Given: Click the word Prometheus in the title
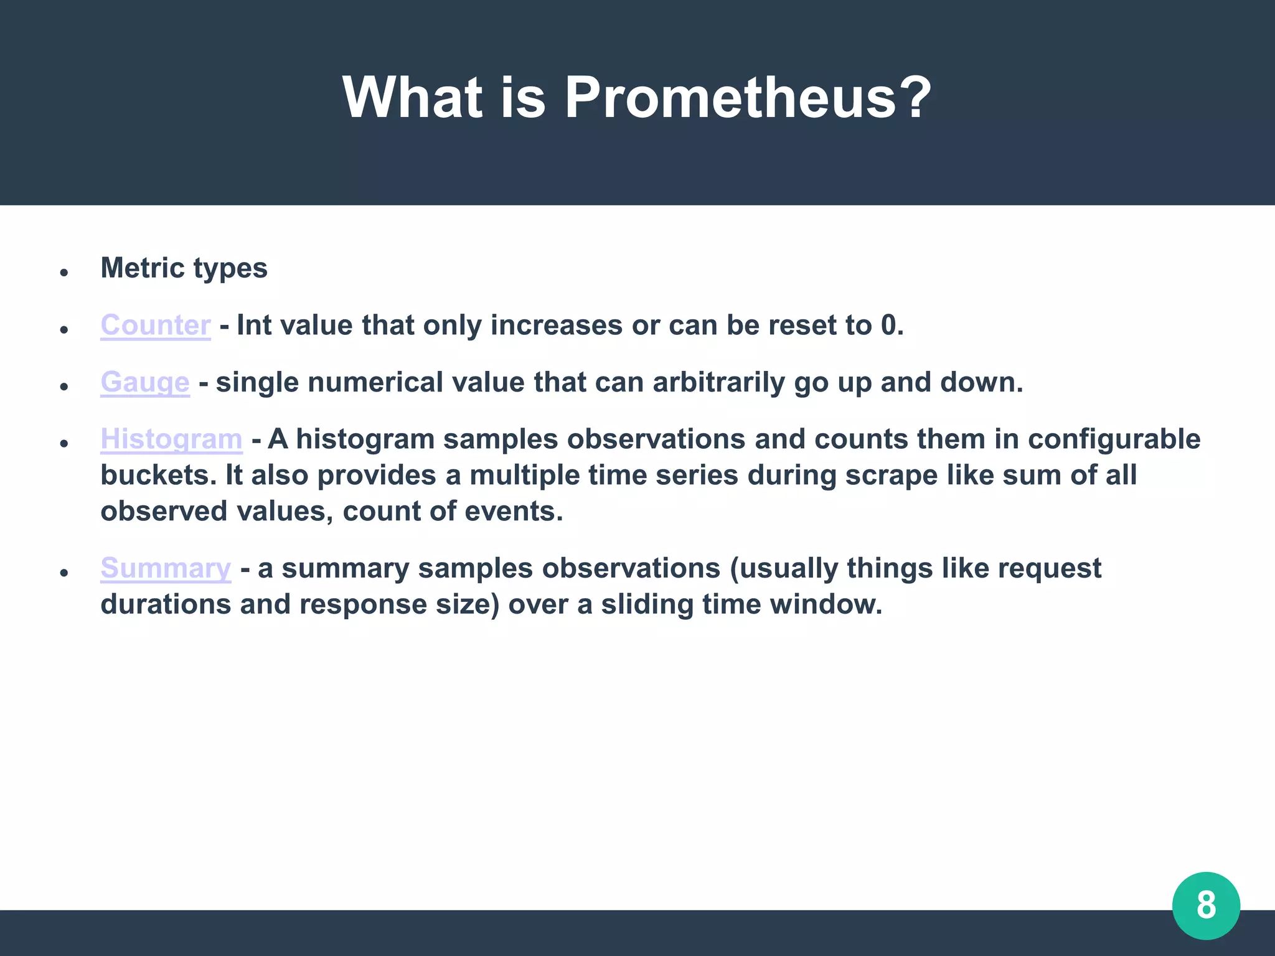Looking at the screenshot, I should point(747,98).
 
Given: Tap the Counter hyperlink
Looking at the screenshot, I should point(156,326).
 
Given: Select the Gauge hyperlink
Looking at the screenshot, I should point(145,382).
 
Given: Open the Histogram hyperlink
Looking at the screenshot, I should point(171,439).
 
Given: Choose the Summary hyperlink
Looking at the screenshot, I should point(166,568).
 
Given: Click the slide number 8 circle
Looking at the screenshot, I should point(1206,905).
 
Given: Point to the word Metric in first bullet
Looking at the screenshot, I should point(143,268).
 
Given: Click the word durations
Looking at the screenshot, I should point(166,604).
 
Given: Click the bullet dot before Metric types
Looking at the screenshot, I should point(64,272).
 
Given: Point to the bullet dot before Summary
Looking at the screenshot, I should point(64,573).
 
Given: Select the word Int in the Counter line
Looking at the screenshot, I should point(254,326).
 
